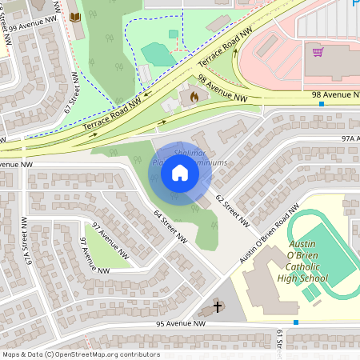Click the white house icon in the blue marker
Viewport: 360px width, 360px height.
[180, 172]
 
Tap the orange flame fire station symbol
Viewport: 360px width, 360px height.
[193, 96]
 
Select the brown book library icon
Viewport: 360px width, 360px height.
[75, 17]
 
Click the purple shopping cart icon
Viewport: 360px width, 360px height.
[318, 52]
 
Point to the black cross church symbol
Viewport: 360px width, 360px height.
[218, 307]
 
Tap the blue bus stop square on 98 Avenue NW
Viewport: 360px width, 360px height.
[321, 103]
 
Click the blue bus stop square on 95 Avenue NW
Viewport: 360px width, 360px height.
[296, 322]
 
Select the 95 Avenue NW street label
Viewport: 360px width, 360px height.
[181, 324]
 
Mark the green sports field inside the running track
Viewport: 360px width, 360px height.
[326, 254]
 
